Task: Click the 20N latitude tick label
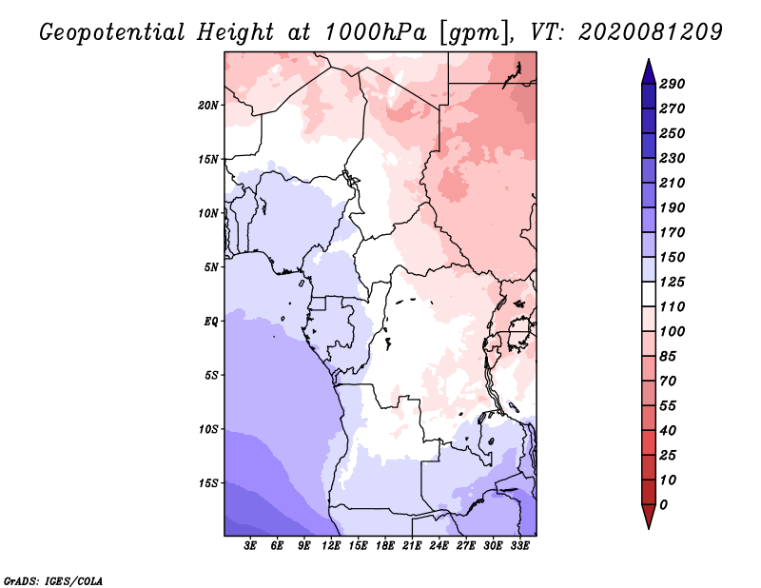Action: click(x=208, y=106)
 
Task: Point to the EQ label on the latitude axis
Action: click(x=210, y=322)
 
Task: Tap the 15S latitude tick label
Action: click(x=208, y=483)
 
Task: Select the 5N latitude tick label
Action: click(x=210, y=267)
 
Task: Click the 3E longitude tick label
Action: click(x=250, y=546)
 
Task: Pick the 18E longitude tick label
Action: click(x=385, y=546)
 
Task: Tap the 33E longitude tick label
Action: click(x=519, y=546)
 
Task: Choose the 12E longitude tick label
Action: click(x=331, y=546)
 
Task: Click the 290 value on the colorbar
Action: click(x=673, y=84)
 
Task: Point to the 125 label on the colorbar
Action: click(x=673, y=282)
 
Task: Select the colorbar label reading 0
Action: click(x=664, y=505)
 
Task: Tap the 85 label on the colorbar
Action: click(x=669, y=357)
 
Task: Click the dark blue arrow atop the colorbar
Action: click(x=649, y=72)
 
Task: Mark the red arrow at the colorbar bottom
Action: click(x=649, y=517)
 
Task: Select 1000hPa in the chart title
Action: click(x=375, y=32)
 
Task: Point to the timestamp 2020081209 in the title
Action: click(x=651, y=32)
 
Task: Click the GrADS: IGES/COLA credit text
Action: click(x=53, y=581)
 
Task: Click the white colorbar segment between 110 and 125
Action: click(x=649, y=294)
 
